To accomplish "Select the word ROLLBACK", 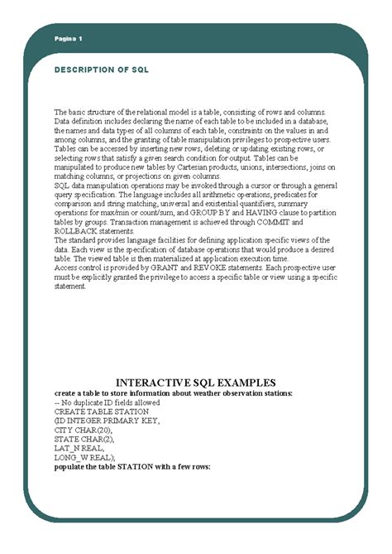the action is click(76, 232).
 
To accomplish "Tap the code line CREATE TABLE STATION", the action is click(102, 411).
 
